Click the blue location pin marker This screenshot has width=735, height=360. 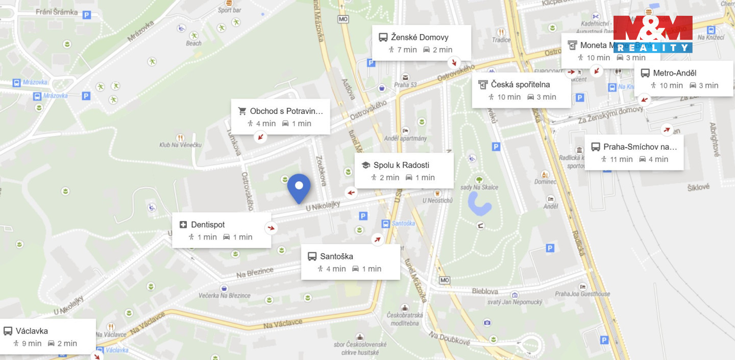point(299,188)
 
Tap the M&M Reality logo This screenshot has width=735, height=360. point(652,34)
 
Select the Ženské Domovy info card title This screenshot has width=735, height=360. point(419,37)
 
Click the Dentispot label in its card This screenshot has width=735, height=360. point(208,225)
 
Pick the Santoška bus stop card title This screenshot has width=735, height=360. point(336,256)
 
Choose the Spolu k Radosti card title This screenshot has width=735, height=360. point(401,165)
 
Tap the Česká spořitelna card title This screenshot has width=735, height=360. point(520,84)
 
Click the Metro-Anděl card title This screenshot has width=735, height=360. point(674,73)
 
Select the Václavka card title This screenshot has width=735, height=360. point(32,331)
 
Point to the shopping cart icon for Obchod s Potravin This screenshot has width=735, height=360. point(242,111)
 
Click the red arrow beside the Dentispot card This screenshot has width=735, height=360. point(271,228)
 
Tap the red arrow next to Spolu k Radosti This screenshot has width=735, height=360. point(351,193)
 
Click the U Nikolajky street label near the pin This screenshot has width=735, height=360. point(323,207)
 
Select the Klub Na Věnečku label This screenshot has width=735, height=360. point(180,145)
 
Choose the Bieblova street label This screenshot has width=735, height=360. point(485,291)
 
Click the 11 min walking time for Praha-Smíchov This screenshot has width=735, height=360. point(621,159)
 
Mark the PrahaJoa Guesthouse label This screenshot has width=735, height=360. point(582,294)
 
